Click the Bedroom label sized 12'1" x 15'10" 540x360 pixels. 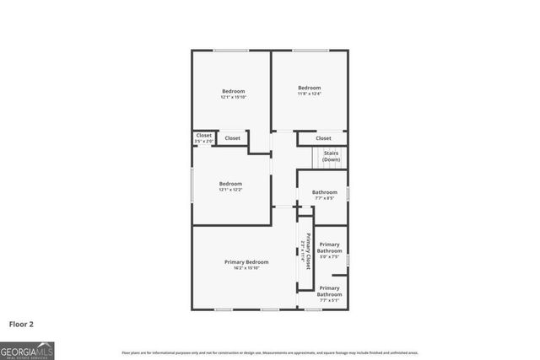(234, 91)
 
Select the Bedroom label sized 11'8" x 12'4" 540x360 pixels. (309, 88)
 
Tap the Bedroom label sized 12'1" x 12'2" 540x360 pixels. (230, 184)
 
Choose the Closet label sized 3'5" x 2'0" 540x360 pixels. (203, 135)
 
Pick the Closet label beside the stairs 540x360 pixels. (323, 138)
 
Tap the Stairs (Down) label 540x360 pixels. (332, 156)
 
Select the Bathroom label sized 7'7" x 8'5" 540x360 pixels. (324, 192)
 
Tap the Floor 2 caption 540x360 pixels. (21, 323)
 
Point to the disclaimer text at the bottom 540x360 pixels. (270, 352)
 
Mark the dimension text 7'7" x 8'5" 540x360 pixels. (324, 198)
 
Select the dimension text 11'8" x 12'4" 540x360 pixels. (309, 94)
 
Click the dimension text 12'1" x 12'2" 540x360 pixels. (230, 190)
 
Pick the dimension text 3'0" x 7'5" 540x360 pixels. (330, 256)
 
